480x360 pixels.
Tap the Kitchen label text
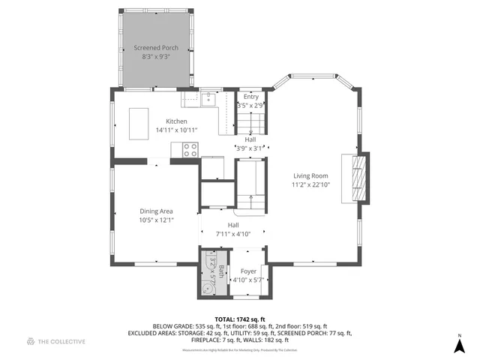tap(176, 121)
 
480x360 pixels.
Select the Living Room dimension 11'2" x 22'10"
tap(316, 184)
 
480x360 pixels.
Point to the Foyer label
tap(248, 271)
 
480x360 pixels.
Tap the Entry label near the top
tap(250, 97)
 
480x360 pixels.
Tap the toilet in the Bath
tap(207, 286)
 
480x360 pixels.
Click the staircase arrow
tap(250, 200)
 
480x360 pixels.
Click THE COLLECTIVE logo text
tap(61, 342)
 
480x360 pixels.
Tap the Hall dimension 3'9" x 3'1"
tap(250, 148)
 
